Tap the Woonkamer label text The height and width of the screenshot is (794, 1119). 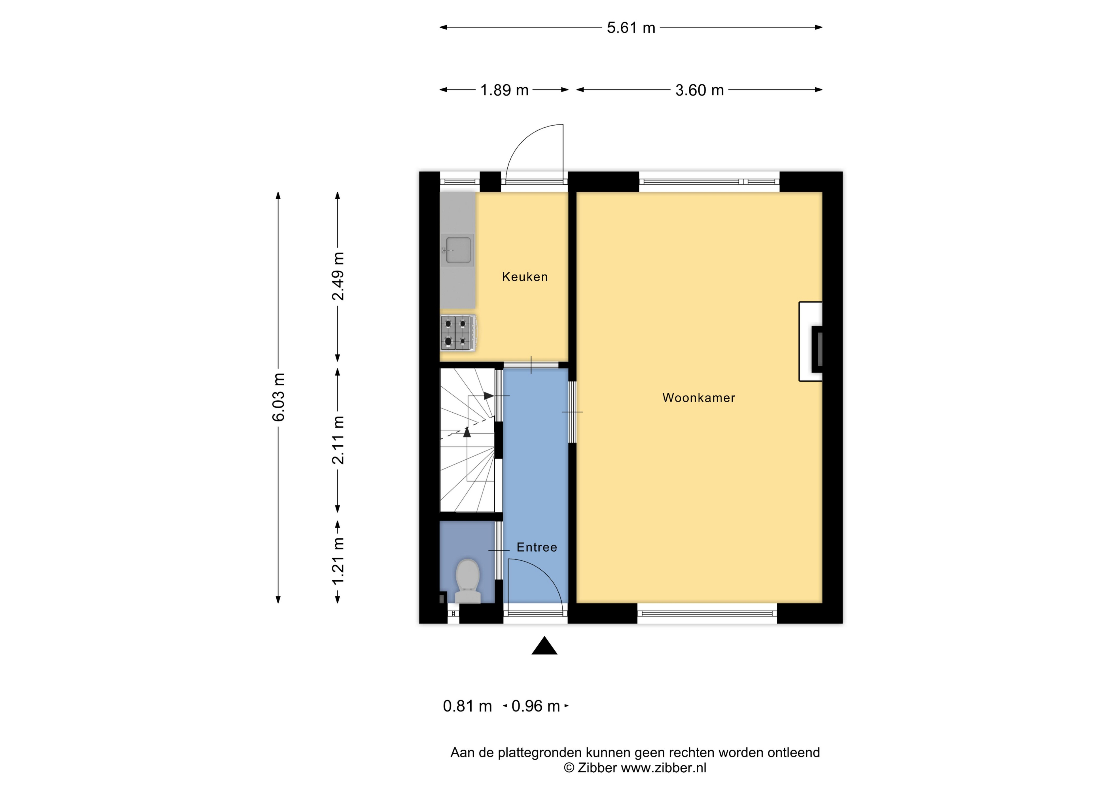pyautogui.click(x=699, y=398)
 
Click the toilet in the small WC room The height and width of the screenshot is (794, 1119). pyautogui.click(x=468, y=581)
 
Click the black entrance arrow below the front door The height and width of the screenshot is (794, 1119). pyautogui.click(x=544, y=645)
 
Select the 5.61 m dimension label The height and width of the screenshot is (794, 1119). pyautogui.click(x=631, y=28)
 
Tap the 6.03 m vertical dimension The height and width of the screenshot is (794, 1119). pyautogui.click(x=279, y=397)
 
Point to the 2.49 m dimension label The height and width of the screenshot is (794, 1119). pyautogui.click(x=338, y=276)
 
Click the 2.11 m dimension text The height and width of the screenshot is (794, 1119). pyautogui.click(x=338, y=440)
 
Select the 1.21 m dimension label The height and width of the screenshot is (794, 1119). pyautogui.click(x=338, y=560)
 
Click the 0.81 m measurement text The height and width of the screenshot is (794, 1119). pyautogui.click(x=467, y=706)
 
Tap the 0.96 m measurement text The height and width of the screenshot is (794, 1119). pyautogui.click(x=536, y=706)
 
